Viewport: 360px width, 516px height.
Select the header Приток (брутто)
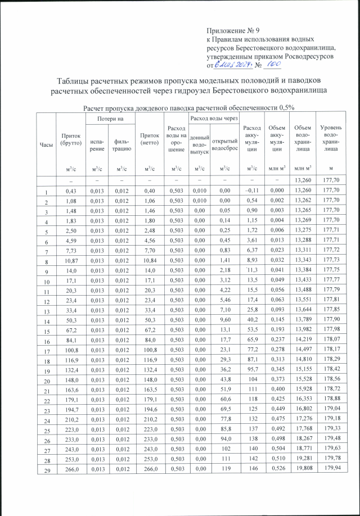71,137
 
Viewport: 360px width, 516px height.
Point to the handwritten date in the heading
232,66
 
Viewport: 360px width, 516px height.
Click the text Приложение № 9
232,29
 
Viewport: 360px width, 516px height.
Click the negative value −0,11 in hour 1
250,191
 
